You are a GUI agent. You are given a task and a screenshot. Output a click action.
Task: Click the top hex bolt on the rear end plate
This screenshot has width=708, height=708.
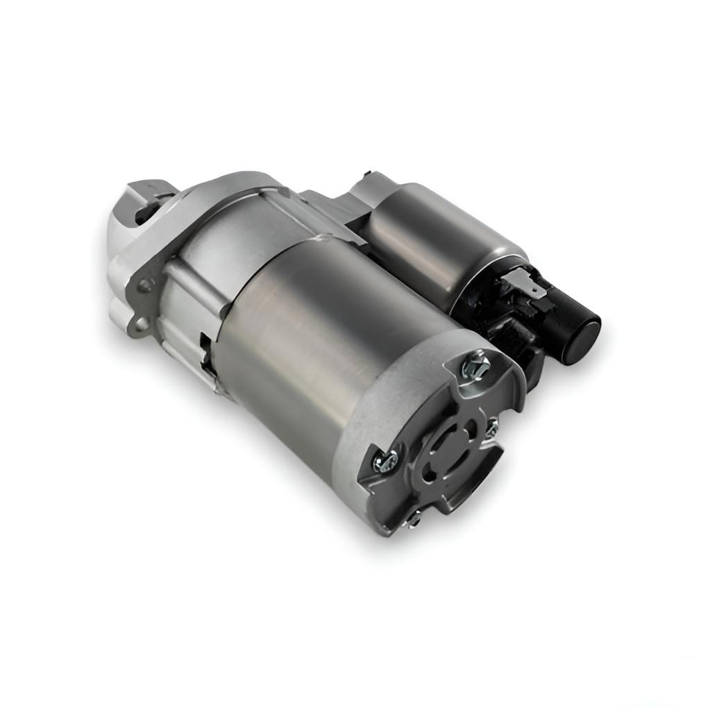point(476,364)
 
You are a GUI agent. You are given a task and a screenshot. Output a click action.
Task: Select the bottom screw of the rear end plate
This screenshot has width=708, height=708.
point(415,516)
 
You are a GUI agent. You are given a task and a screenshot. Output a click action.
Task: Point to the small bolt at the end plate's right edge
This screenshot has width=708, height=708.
point(493,423)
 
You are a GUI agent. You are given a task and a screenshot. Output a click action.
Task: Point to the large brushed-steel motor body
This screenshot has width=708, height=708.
point(326,333)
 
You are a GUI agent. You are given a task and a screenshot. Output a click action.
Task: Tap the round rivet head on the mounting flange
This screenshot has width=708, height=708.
point(144,285)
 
